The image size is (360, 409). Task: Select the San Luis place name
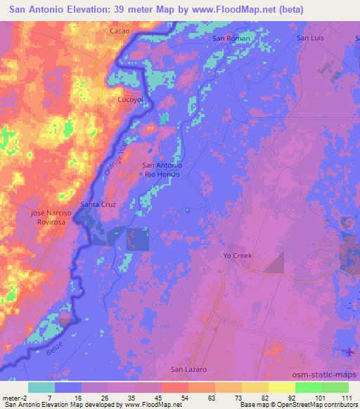(x=309, y=38)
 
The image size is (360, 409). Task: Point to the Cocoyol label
(x=129, y=100)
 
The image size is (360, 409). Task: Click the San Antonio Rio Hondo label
(x=162, y=170)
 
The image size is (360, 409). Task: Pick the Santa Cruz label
(x=98, y=204)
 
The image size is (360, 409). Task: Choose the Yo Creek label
(x=237, y=256)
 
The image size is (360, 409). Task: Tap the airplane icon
(x=350, y=351)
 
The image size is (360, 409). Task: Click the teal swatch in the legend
(x=41, y=388)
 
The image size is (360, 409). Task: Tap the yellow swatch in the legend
(x=281, y=388)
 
